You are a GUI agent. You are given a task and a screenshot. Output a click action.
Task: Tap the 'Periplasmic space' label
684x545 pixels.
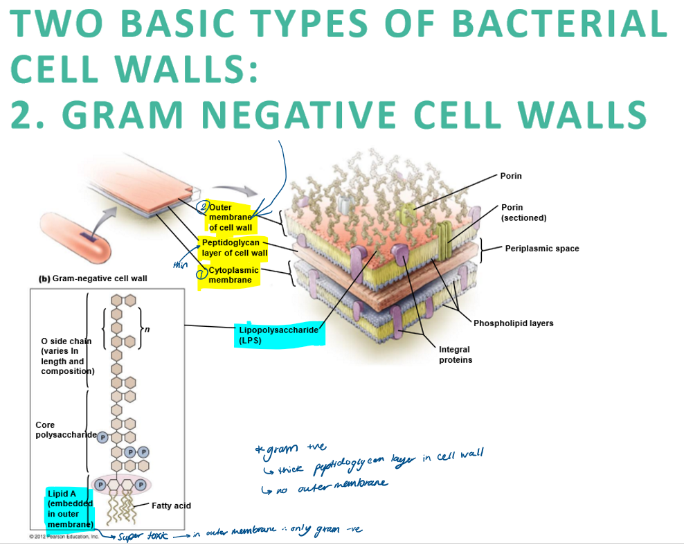(541, 249)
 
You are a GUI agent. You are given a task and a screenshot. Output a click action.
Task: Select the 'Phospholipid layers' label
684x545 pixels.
(513, 323)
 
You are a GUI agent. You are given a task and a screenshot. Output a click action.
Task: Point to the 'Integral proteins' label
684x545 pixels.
(455, 355)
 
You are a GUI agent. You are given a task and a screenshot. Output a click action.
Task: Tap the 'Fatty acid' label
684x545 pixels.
(171, 506)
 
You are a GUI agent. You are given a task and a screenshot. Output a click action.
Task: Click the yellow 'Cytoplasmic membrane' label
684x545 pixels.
(233, 275)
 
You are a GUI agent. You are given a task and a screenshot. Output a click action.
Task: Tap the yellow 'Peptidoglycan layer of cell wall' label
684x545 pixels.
(231, 248)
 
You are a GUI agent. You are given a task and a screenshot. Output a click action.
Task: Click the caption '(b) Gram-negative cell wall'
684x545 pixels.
(93, 278)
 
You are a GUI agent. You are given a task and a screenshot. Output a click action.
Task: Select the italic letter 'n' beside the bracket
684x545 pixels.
(147, 329)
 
